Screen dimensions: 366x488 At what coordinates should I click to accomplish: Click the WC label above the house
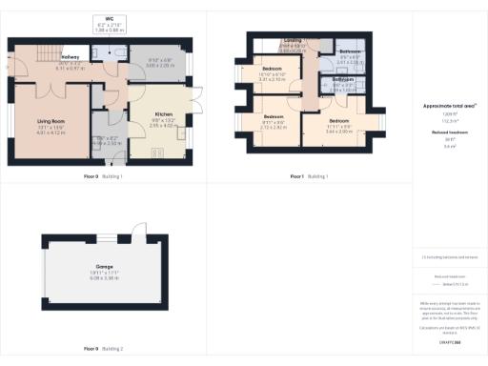point(111,18)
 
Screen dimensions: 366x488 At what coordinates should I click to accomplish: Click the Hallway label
point(71,58)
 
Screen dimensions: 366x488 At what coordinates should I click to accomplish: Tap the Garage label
point(103,268)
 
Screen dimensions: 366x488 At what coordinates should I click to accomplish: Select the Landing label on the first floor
point(291,42)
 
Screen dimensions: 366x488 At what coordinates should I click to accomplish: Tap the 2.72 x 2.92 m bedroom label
point(274,120)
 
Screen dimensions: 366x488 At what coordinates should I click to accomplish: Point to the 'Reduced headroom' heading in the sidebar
point(448,134)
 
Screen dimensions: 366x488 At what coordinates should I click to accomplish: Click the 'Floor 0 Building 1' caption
point(103,176)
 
